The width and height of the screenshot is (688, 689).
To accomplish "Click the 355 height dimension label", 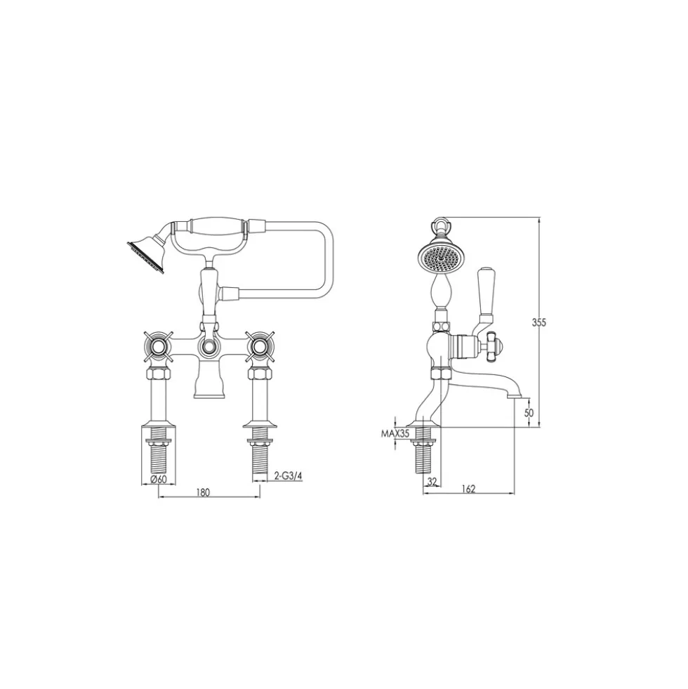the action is click(538, 322).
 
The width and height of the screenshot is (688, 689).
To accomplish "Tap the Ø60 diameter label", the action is click(158, 479).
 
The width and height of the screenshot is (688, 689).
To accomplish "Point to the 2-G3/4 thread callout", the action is click(289, 475).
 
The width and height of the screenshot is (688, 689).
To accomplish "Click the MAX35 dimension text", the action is click(395, 434).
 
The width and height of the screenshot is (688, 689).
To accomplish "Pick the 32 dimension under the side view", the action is click(432, 482).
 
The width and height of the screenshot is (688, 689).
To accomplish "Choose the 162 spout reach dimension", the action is click(469, 489).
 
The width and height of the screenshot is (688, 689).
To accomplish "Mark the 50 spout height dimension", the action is click(529, 413).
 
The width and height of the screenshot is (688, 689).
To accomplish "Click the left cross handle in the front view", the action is click(158, 346).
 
